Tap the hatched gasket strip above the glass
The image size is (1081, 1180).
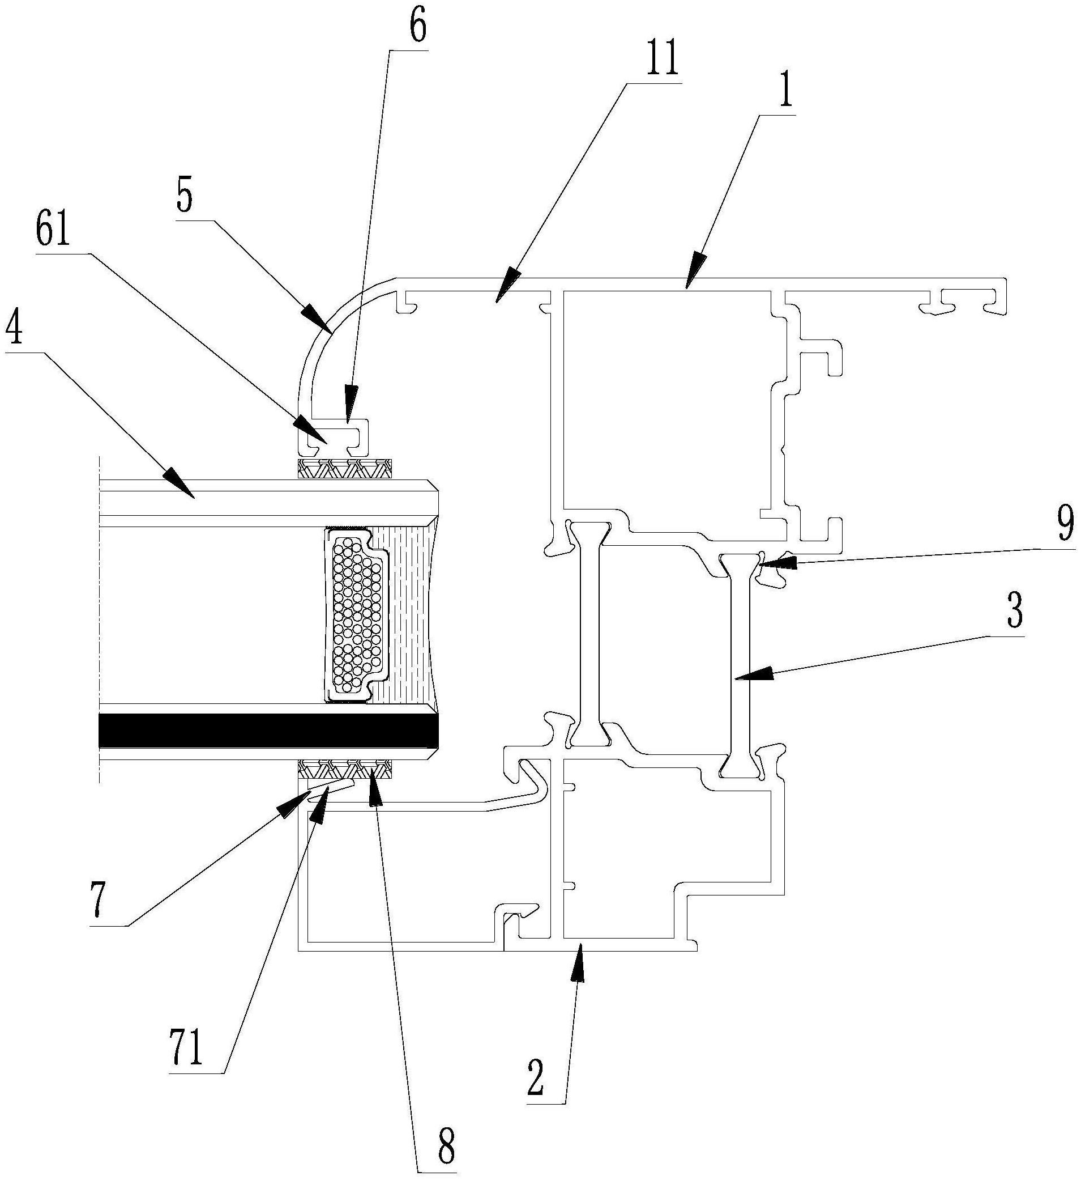click(x=345, y=469)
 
